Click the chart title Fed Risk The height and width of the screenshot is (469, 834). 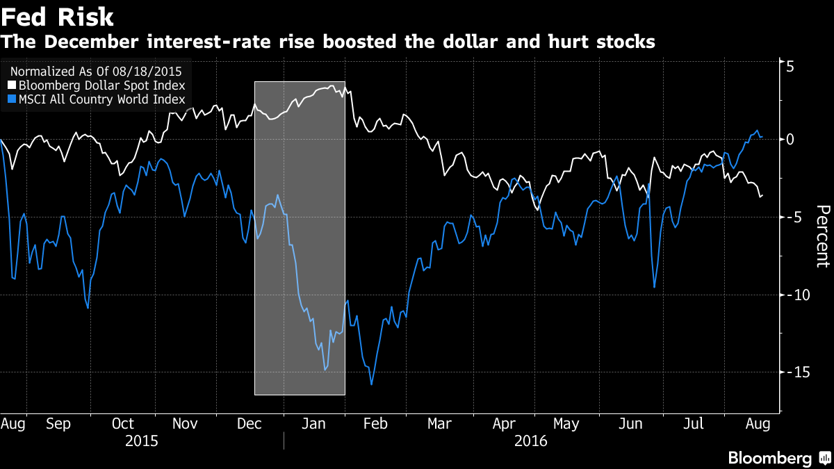58,17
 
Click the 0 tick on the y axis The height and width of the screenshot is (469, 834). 790,140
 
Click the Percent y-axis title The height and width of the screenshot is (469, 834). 822,236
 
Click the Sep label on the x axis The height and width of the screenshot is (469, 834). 58,424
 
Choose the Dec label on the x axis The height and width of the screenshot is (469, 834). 248,424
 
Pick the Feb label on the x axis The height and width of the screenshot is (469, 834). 376,424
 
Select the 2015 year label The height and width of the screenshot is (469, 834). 142,441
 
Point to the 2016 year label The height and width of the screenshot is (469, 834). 531,441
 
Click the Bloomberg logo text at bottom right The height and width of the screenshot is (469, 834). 769,459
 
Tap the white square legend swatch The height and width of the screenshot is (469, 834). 13,85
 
